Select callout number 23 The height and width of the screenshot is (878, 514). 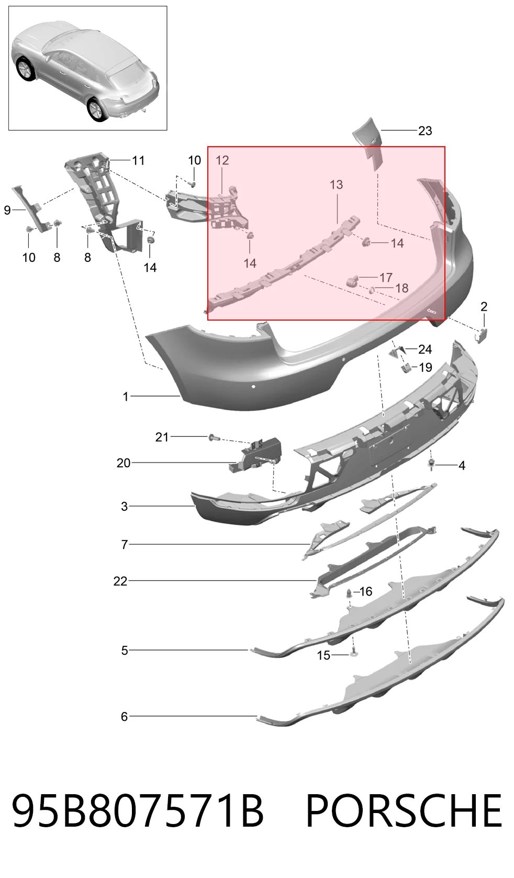point(425,130)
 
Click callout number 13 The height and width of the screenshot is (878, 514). point(336,184)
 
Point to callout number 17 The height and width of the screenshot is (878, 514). point(386,278)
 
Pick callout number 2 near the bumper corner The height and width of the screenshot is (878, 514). point(484,306)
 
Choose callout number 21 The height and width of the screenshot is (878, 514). point(162,437)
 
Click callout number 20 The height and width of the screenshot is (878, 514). point(124,463)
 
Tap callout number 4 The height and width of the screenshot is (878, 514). point(462,466)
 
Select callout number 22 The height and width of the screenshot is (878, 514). point(120,581)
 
